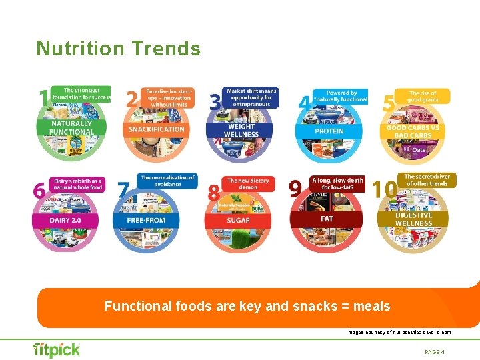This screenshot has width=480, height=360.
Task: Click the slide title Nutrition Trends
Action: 118,49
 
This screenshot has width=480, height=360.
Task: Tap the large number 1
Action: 43,98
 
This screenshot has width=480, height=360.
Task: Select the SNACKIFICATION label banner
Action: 156,129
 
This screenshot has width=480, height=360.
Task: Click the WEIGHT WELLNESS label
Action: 241,130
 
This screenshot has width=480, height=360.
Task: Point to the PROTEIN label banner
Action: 329,131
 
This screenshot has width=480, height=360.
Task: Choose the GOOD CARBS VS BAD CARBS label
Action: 414,131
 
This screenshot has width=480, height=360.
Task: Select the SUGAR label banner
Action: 238,220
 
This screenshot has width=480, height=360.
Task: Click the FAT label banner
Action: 327,218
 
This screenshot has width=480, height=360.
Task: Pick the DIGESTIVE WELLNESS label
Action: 413,219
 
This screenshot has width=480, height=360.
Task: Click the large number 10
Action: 385,190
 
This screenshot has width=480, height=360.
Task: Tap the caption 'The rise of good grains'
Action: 423,97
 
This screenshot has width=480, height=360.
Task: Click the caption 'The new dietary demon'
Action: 249,185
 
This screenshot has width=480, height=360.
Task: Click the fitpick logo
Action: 57,350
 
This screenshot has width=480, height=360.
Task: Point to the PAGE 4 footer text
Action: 434,351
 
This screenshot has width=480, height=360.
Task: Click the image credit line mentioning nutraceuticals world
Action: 398,331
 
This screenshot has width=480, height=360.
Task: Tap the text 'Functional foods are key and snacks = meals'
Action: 247,307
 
